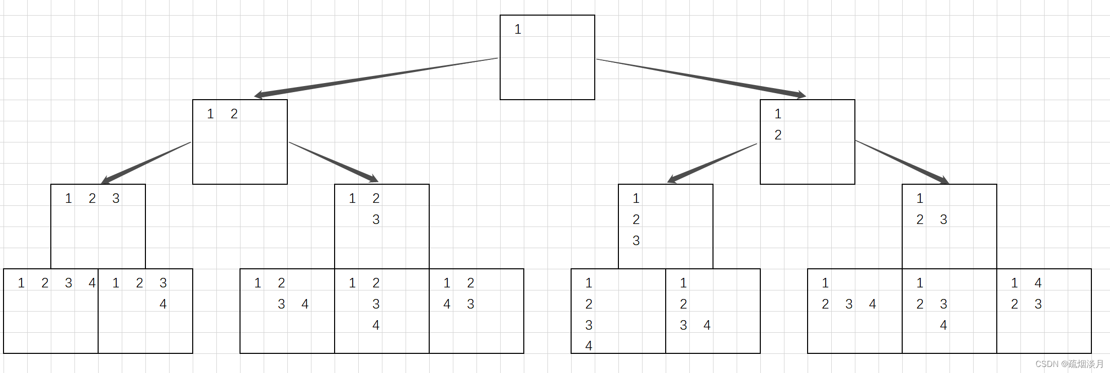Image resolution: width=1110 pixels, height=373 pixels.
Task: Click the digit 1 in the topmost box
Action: click(x=518, y=30)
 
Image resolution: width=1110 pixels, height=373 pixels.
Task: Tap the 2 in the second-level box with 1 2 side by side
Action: click(x=234, y=114)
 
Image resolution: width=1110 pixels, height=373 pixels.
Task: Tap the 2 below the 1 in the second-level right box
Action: click(x=778, y=135)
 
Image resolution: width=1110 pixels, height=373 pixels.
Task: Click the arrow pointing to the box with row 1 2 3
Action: click(x=146, y=162)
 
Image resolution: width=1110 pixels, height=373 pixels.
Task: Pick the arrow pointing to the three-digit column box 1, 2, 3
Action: click(x=712, y=163)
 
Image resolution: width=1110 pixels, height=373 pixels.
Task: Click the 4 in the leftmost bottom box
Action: click(x=92, y=283)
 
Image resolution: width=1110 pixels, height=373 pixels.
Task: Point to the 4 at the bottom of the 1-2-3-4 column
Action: click(x=589, y=346)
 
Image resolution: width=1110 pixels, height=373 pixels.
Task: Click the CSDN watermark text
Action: click(x=1069, y=364)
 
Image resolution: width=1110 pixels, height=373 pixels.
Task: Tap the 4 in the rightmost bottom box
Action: click(x=1038, y=283)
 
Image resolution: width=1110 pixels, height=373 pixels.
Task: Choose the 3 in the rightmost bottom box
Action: click(x=1038, y=305)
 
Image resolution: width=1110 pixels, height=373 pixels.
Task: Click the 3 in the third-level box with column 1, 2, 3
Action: click(x=636, y=241)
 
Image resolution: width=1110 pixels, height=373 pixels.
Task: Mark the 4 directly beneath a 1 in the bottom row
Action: click(x=447, y=305)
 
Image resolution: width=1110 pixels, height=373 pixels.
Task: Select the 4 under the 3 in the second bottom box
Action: click(x=163, y=305)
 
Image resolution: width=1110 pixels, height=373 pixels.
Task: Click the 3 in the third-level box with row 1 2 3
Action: click(x=116, y=199)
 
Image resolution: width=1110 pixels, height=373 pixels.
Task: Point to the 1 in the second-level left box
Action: click(x=210, y=114)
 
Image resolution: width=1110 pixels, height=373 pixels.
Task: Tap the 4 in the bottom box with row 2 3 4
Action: click(x=873, y=305)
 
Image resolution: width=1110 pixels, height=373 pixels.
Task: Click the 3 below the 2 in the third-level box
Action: click(x=376, y=220)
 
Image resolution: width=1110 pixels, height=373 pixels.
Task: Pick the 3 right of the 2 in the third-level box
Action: click(x=943, y=220)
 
